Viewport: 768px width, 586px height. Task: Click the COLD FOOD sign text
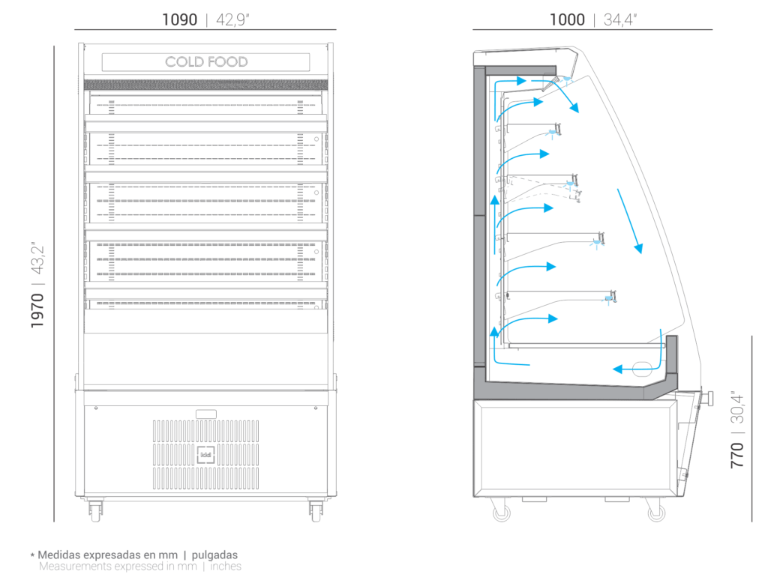click(206, 61)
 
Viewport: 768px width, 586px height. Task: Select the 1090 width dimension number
click(179, 19)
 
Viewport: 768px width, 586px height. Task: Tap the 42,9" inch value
click(232, 19)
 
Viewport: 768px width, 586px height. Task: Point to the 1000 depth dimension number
click(567, 19)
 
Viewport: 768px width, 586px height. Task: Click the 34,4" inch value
click(620, 19)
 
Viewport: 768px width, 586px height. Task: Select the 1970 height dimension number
click(37, 311)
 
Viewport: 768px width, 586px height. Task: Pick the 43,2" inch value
click(37, 258)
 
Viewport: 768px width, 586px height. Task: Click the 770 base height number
click(737, 456)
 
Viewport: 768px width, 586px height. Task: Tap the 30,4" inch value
click(737, 408)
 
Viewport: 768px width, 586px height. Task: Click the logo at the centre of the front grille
click(206, 455)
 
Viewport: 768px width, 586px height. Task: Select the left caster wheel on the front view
click(95, 510)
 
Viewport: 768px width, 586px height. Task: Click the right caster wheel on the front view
click(316, 510)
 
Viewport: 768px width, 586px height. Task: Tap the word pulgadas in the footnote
click(214, 555)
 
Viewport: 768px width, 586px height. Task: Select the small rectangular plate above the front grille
click(206, 414)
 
